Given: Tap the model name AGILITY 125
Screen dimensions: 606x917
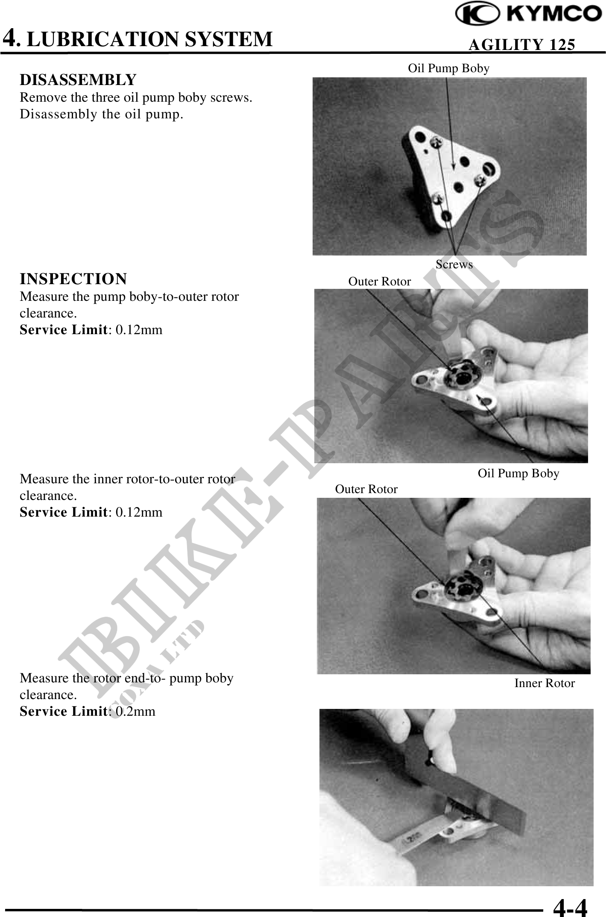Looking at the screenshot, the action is tap(521, 44).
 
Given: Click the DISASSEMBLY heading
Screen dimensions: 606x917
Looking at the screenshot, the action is tap(78, 79).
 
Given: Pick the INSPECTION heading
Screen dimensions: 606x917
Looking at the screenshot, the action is tap(73, 279).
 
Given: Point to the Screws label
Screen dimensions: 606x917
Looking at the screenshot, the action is tap(454, 265).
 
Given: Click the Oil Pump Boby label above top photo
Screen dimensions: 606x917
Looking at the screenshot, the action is tap(448, 68).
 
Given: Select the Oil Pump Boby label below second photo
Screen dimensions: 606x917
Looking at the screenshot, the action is tap(518, 473).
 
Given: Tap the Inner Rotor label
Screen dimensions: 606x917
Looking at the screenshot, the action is tap(545, 683).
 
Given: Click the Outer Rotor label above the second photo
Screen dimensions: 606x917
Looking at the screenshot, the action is tap(380, 282).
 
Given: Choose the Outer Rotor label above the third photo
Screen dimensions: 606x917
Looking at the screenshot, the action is tap(366, 489).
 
